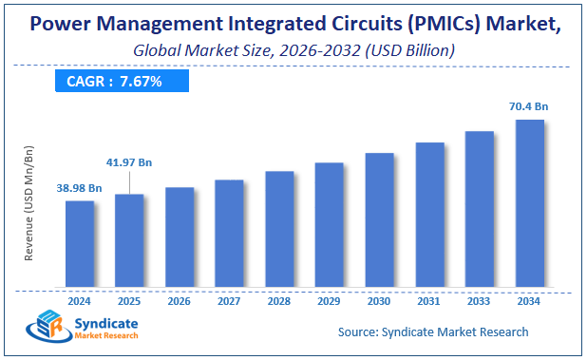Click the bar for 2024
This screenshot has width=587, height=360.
(80, 244)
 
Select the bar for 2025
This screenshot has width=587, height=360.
(129, 241)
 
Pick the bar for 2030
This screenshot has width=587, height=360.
(379, 220)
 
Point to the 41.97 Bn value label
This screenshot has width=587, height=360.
(128, 162)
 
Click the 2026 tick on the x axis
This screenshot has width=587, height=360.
(180, 301)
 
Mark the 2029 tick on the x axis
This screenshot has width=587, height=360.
(329, 301)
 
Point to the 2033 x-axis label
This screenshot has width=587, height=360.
(479, 301)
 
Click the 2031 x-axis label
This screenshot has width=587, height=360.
(428, 301)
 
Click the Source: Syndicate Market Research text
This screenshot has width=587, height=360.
(433, 332)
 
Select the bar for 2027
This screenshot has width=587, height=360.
(229, 234)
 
